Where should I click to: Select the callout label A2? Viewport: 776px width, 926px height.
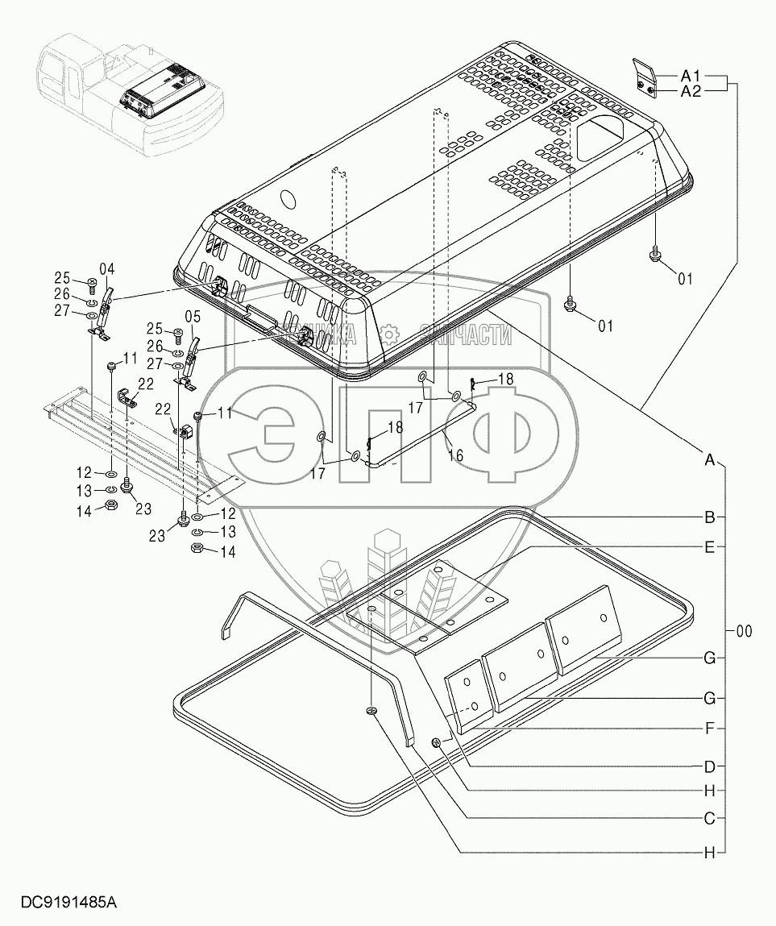pos(691,92)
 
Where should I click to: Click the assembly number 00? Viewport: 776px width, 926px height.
pos(743,632)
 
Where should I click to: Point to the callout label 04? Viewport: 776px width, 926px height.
pos(107,269)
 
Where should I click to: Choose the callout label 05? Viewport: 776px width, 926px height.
pos(193,317)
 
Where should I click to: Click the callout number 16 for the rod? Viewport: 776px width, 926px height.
pos(455,455)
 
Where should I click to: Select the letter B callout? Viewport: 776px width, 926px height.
pos(710,517)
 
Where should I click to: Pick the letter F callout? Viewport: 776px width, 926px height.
pos(710,728)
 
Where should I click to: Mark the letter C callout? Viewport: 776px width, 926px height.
pos(710,819)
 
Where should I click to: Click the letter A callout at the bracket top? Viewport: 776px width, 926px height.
pos(710,460)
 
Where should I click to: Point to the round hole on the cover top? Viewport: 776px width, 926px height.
pos(286,198)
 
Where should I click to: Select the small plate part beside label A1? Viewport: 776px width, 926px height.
pos(643,77)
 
